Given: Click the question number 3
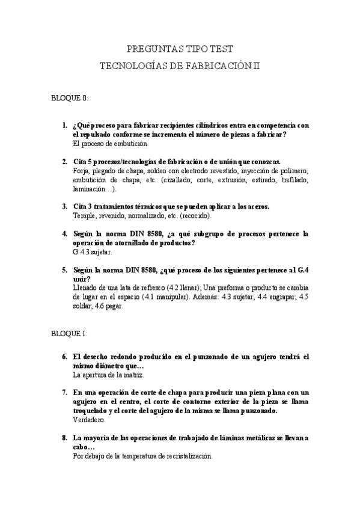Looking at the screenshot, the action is pyautogui.click(x=65, y=206).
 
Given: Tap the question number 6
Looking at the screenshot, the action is pyautogui.click(x=65, y=357).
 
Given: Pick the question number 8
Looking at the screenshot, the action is pyautogui.click(x=65, y=438).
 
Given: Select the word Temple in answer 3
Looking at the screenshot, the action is pyautogui.click(x=84, y=215).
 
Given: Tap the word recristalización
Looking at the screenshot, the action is pyautogui.click(x=186, y=456).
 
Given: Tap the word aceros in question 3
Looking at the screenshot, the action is pyautogui.click(x=258, y=206).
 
